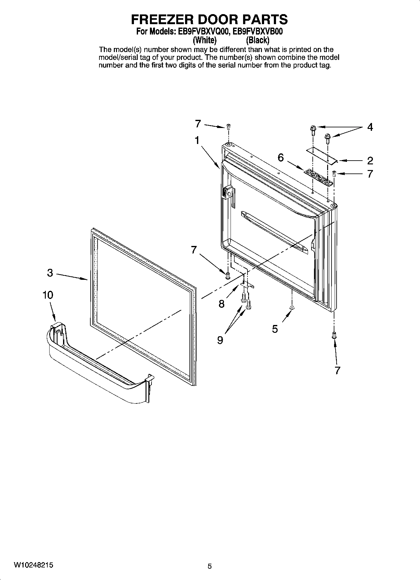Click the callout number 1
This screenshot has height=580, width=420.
click(197, 140)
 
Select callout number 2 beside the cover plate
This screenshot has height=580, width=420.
click(370, 161)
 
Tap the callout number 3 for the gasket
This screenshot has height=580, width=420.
click(50, 273)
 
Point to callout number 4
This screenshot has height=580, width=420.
click(370, 127)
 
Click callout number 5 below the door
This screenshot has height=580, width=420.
click(275, 329)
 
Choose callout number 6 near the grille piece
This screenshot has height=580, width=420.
click(281, 157)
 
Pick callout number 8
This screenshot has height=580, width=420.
click(222, 304)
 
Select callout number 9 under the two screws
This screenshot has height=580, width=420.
click(220, 340)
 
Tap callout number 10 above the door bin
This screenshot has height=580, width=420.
click(48, 295)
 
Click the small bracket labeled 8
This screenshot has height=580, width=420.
click(248, 284)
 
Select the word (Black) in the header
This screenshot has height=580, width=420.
click(258, 40)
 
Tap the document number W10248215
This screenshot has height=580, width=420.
click(33, 565)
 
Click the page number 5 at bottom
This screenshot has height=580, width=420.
click(210, 566)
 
